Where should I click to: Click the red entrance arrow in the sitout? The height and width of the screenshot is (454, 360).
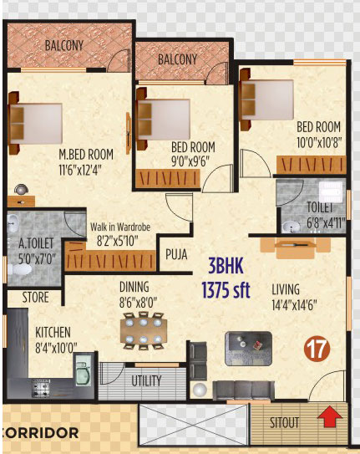pos(330,416)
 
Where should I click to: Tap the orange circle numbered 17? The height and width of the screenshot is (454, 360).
pos(318,349)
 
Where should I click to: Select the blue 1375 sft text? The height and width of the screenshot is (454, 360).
pos(226,290)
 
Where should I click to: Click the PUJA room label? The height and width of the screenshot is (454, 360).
pos(176,254)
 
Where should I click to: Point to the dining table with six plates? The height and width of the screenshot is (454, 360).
pos(144,330)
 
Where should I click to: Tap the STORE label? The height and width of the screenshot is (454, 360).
pos(36,298)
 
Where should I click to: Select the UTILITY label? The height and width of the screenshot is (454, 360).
pos(146,380)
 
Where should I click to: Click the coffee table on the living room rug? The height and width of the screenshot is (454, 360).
pos(248,349)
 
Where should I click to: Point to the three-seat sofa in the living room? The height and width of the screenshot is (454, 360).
pos(243,390)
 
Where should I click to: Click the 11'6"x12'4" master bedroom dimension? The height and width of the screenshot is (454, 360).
pos(80,170)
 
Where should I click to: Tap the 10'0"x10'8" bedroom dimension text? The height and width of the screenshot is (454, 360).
pos(319,142)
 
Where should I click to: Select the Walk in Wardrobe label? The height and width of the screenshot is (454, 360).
pos(120,227)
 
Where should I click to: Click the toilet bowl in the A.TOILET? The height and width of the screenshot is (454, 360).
pos(20,270)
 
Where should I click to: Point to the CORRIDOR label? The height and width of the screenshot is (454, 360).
pos(40,433)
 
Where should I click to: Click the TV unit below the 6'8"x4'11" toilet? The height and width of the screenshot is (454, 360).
pos(295,247)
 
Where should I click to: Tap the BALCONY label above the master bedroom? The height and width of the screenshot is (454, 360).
pos(64,45)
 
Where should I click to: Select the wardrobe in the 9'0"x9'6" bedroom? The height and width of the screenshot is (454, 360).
pos(168,178)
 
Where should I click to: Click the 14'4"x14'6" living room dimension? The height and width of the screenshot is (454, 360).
pos(294,305)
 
